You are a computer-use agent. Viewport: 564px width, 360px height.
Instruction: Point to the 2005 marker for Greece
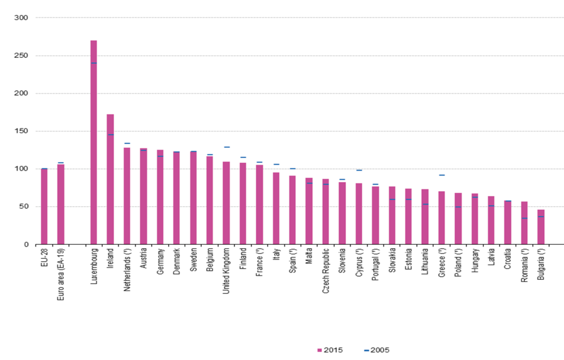tap(442, 175)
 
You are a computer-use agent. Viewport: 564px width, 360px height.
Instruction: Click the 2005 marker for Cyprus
tap(359, 170)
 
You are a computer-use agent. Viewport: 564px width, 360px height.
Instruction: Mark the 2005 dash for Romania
tap(524, 218)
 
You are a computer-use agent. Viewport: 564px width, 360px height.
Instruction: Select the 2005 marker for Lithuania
tap(425, 204)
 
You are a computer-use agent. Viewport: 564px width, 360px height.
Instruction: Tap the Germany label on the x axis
tap(160, 262)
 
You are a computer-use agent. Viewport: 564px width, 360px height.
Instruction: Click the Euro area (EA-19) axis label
tap(61, 275)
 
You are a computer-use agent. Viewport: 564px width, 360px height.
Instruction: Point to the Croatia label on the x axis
tap(508, 261)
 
